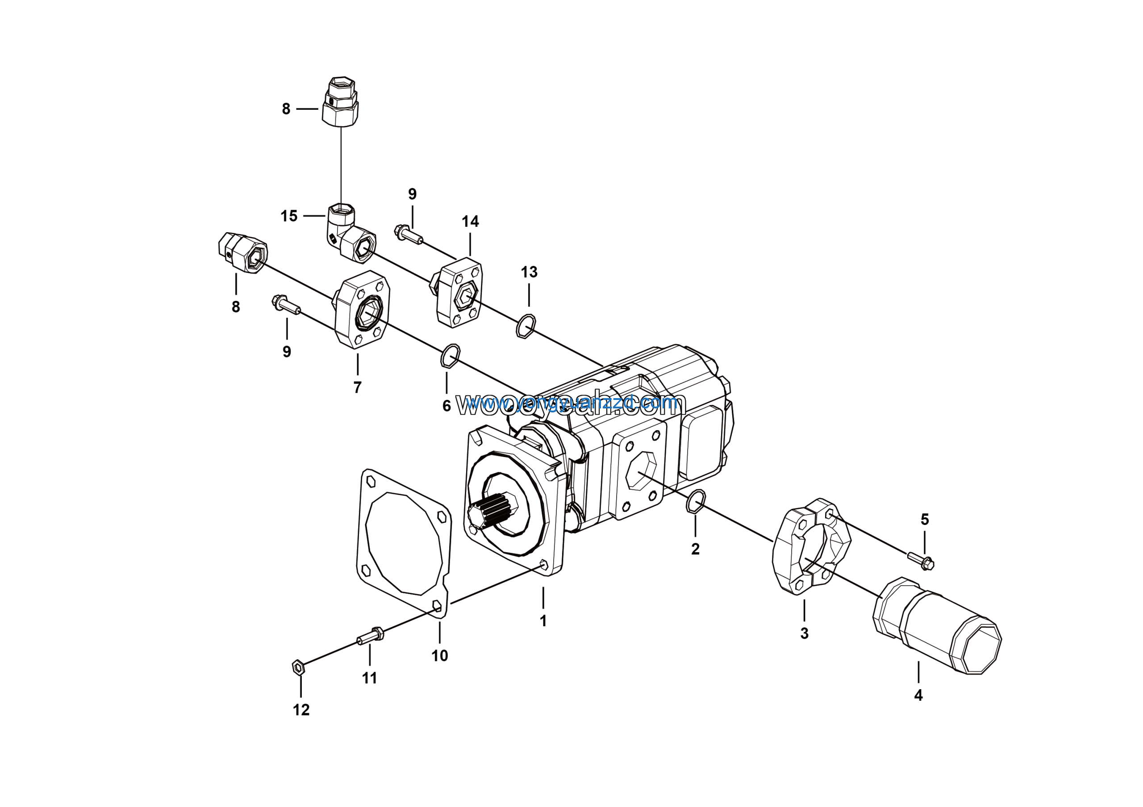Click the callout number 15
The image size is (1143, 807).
[x=289, y=216]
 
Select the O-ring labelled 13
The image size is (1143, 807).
[x=526, y=326]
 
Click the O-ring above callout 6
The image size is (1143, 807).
[x=450, y=355]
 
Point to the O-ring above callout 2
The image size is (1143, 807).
[x=696, y=501]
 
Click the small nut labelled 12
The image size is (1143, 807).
[x=298, y=667]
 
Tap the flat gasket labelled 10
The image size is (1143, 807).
[x=403, y=542]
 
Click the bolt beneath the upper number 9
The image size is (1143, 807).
[x=408, y=234]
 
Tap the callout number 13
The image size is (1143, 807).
[x=529, y=272]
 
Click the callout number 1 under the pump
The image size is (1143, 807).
[x=543, y=620]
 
